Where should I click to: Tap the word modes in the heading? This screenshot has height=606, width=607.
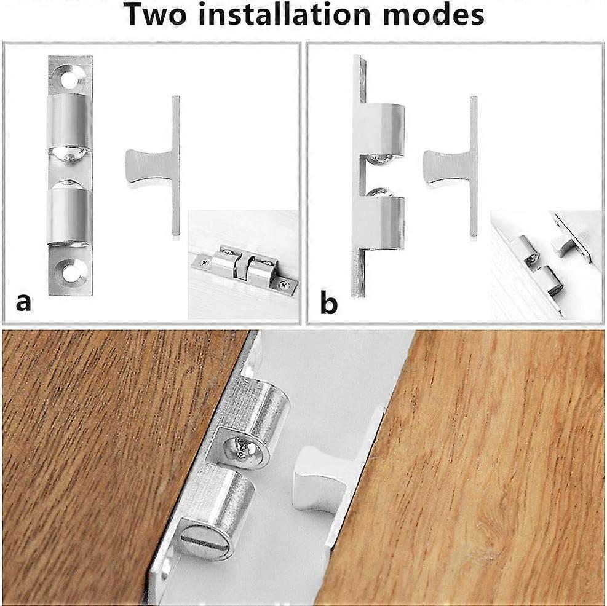coord(436,15)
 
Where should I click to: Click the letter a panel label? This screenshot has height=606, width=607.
coord(23,302)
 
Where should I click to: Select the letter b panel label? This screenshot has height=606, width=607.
coord(328,303)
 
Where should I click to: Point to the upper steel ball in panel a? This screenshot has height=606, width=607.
coord(69,154)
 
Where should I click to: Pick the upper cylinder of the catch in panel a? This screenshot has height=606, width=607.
coord(69,123)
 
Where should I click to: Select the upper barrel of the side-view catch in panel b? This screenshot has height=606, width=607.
coord(384,129)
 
